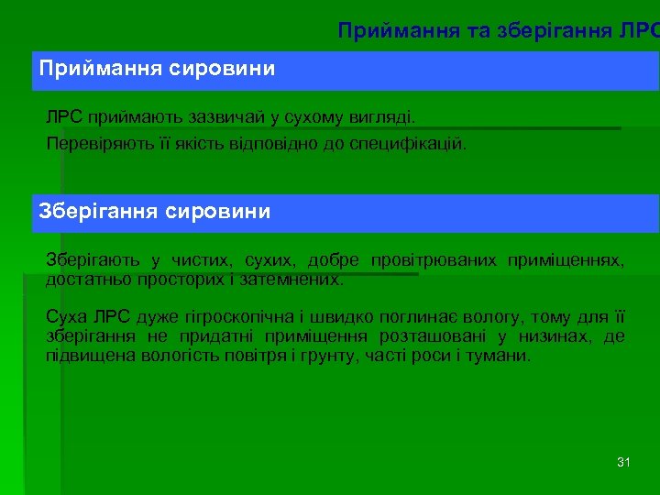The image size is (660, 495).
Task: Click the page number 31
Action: [623, 462]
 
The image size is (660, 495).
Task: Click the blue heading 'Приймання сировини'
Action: [156, 69]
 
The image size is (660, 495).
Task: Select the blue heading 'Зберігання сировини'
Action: [155, 212]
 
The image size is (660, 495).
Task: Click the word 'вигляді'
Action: [382, 118]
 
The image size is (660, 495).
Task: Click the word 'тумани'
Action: [501, 354]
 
